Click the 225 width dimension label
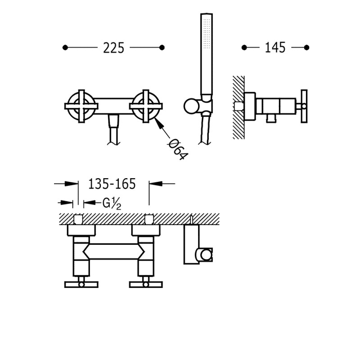(113, 48)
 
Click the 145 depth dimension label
(275, 48)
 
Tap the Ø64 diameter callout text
(178, 149)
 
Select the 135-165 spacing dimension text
(112, 184)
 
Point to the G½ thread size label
(112, 203)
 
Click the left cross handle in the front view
(81, 106)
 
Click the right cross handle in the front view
(146, 106)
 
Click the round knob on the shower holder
(191, 106)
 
